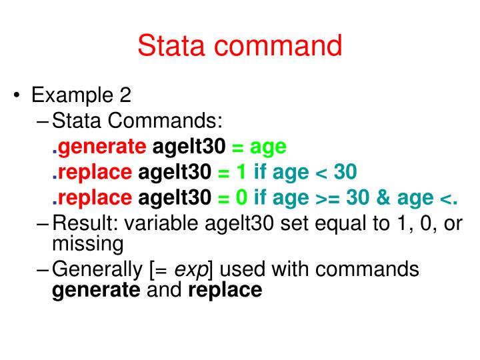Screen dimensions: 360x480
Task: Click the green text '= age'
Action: click(x=259, y=147)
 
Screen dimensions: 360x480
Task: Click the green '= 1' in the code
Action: click(x=233, y=173)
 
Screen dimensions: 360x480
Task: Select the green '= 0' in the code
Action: click(x=233, y=198)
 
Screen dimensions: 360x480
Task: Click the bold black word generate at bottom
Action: click(x=96, y=291)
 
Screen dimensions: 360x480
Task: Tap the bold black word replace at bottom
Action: click(x=225, y=291)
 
